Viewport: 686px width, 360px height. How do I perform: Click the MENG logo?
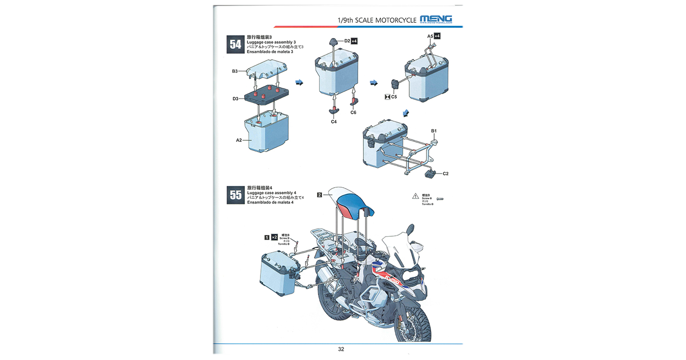coord(436,19)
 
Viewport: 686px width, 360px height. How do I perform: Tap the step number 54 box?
coord(235,44)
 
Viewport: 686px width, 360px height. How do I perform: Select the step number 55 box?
coord(235,195)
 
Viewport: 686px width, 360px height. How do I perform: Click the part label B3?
coord(235,71)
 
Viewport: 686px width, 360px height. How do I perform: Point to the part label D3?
coord(235,99)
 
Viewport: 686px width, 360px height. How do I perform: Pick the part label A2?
coord(239,140)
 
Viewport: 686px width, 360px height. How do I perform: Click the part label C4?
coord(334,122)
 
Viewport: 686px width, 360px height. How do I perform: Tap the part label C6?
coord(353,113)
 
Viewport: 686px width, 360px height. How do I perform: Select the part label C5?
coord(394,97)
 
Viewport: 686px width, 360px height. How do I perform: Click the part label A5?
coord(430,36)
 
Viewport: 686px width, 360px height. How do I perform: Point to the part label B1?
coord(434,131)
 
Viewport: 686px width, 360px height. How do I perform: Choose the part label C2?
coord(445,174)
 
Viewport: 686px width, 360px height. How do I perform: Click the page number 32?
coord(341,349)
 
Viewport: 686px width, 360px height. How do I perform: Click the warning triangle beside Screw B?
coord(415,196)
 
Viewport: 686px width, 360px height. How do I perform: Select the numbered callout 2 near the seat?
coord(319,195)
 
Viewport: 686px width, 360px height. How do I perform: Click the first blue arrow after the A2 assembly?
coord(299,83)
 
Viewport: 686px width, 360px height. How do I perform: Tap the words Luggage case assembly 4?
coord(271,193)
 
